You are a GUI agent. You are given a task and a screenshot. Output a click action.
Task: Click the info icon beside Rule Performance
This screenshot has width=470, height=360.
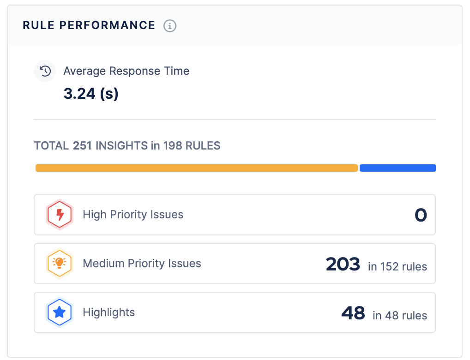click(x=170, y=26)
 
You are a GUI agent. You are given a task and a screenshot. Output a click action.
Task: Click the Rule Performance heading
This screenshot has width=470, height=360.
click(x=89, y=25)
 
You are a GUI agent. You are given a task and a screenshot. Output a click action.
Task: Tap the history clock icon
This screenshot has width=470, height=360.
click(x=45, y=71)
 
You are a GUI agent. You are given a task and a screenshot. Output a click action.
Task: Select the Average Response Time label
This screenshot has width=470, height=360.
click(x=126, y=71)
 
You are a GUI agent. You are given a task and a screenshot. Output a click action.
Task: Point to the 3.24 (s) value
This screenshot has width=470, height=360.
click(x=91, y=94)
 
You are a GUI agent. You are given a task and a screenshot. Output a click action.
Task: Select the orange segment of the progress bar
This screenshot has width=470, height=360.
click(x=196, y=168)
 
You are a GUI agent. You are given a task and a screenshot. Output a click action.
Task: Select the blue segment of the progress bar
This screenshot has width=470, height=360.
click(x=398, y=168)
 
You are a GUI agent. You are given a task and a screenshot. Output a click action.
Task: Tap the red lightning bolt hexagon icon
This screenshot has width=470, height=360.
click(x=59, y=215)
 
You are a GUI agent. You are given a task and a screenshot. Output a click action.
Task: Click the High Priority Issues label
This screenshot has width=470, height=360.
click(x=133, y=215)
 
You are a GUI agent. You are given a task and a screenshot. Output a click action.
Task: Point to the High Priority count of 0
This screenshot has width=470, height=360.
click(x=421, y=215)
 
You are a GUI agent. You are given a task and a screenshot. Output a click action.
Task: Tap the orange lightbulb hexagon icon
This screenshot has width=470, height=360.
click(x=59, y=264)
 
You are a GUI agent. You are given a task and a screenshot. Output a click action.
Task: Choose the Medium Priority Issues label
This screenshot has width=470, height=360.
click(x=142, y=264)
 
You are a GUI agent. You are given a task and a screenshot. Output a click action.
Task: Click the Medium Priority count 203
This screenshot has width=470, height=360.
click(x=343, y=264)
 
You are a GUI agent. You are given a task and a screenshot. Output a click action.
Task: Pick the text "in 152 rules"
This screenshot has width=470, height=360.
click(x=398, y=266)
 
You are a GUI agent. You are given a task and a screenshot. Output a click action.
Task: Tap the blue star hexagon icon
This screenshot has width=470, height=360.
click(x=59, y=312)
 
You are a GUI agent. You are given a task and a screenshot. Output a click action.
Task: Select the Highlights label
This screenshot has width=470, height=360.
click(x=109, y=312)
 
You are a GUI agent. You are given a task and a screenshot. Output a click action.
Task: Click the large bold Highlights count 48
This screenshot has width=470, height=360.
click(x=353, y=313)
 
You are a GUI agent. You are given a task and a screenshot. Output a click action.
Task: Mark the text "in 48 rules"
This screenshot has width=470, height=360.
click(x=400, y=315)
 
